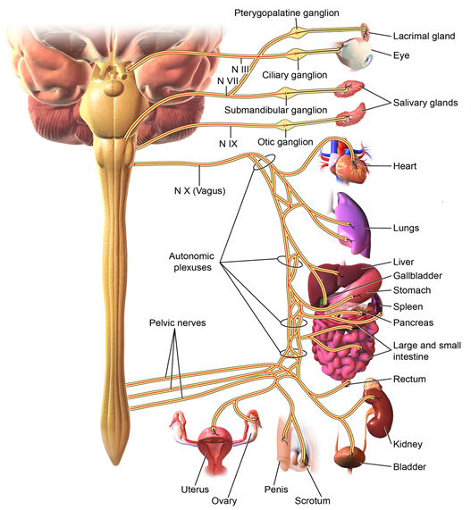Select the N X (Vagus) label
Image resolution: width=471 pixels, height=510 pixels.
click(198, 189)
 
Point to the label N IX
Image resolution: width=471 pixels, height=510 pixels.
click(229, 143)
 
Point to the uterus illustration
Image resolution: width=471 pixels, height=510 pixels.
click(216, 447)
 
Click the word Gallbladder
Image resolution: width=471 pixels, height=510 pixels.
click(417, 276)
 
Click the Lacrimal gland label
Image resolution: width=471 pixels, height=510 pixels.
click(424, 37)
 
